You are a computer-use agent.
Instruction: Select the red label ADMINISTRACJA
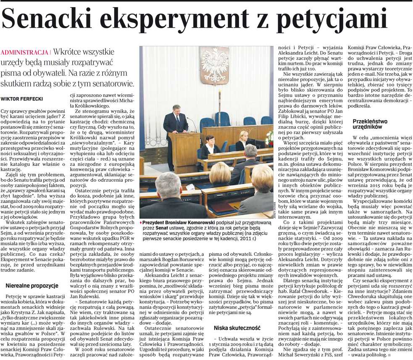tap(25, 53)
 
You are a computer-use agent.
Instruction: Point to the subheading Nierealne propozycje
tap(32, 286)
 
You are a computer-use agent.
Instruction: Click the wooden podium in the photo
tap(185, 151)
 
